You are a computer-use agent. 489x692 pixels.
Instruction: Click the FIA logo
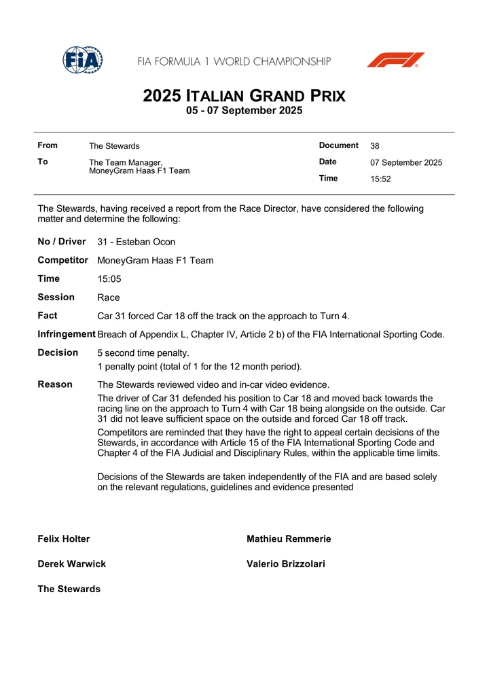83,60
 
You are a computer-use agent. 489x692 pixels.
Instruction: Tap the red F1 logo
395,60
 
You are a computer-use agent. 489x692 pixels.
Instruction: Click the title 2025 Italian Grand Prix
244,96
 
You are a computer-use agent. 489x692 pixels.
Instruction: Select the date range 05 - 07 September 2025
244,111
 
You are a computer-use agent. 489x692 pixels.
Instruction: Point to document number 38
375,146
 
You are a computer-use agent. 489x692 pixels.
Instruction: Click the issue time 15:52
380,179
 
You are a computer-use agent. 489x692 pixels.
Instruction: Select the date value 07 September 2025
406,163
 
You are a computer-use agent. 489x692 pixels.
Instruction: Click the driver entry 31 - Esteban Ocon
136,242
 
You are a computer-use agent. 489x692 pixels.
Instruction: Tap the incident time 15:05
109,279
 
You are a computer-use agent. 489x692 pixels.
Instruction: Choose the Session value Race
109,297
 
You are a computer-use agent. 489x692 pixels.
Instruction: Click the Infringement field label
67,334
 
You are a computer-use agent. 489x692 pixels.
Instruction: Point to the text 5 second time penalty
143,353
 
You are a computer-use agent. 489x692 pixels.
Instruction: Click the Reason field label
55,384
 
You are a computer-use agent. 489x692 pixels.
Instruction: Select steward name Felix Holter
64,539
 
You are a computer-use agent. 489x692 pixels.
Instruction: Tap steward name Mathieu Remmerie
289,539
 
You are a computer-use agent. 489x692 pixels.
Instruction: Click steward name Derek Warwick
71,564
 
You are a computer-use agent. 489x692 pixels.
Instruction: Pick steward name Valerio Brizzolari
285,564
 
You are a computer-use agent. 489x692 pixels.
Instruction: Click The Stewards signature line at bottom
69,589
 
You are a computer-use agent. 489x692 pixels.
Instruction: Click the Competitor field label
62,260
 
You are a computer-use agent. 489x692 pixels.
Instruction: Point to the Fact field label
48,316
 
